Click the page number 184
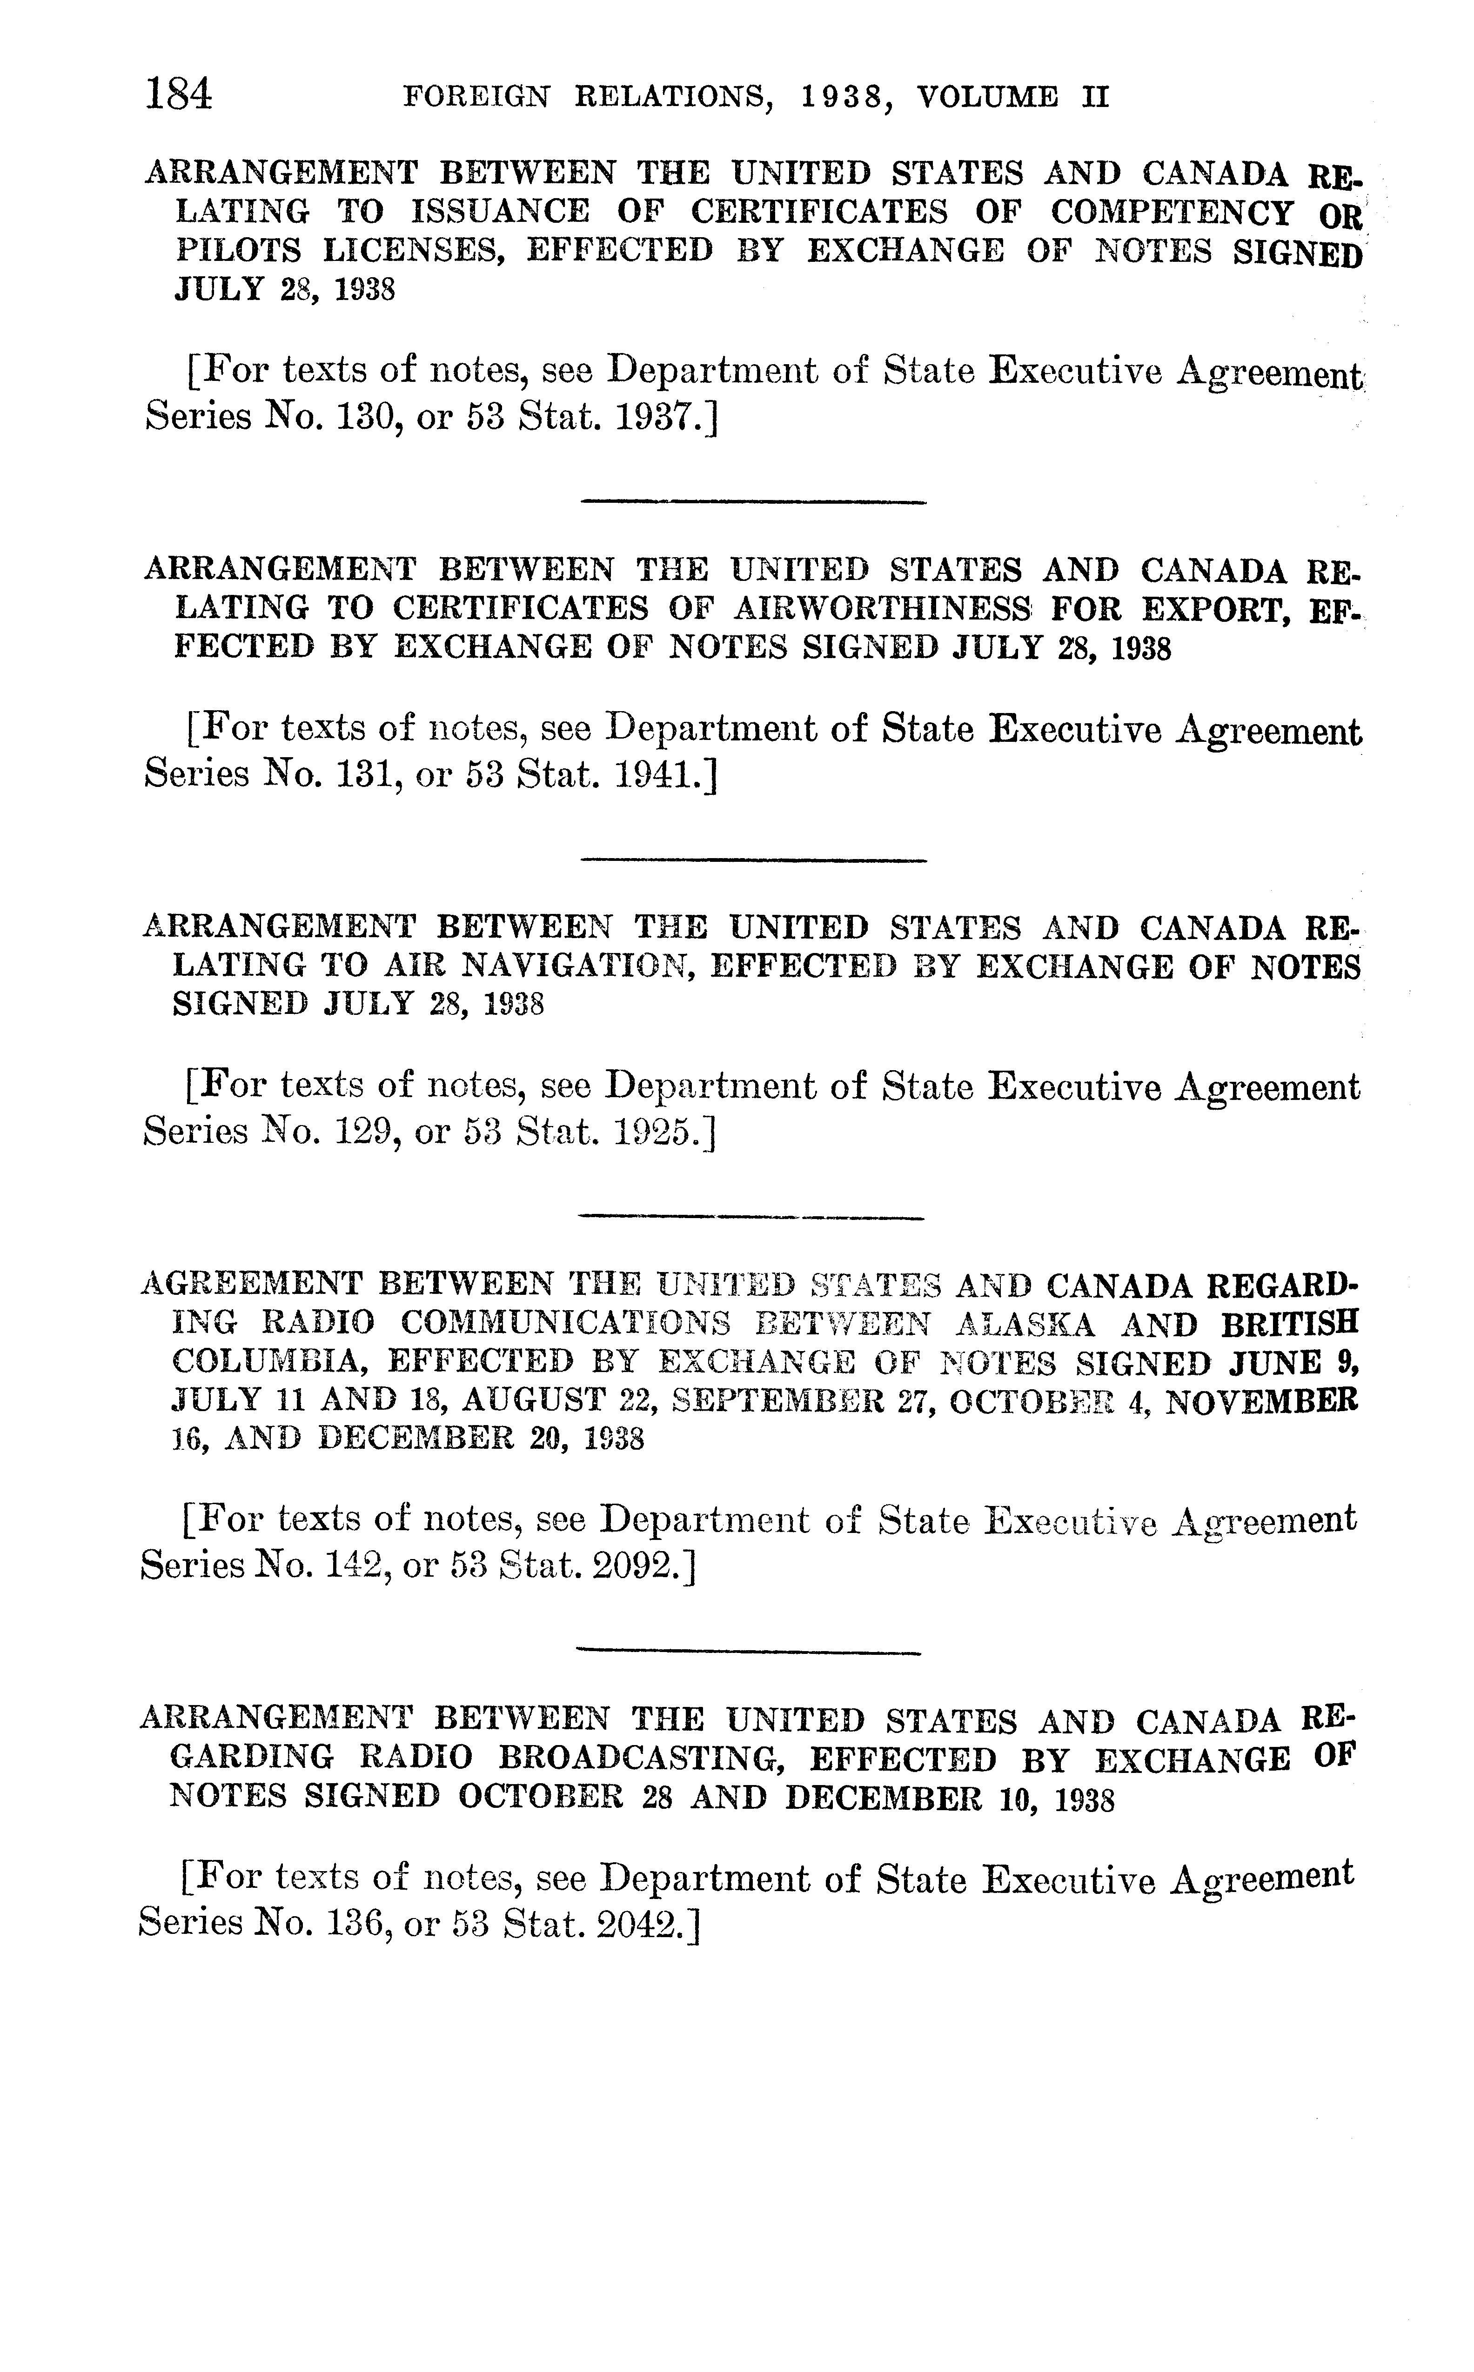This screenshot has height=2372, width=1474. pos(178,95)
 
